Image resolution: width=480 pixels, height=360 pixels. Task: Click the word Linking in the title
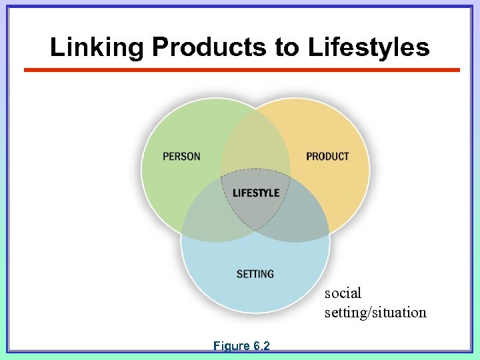pyautogui.click(x=97, y=47)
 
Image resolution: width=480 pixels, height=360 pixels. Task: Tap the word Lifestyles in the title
pyautogui.click(x=369, y=47)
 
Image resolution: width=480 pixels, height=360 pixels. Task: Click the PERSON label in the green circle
pyautogui.click(x=181, y=157)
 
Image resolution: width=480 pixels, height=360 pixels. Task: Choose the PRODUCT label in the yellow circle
pyautogui.click(x=327, y=157)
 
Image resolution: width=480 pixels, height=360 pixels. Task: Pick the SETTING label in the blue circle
pyautogui.click(x=255, y=274)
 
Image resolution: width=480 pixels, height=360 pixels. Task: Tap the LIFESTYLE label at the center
pyautogui.click(x=256, y=193)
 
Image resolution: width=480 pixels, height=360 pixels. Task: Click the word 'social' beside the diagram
pyautogui.click(x=343, y=293)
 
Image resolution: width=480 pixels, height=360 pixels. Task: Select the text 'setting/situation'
pyautogui.click(x=375, y=312)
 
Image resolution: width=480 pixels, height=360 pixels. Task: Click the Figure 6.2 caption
pyautogui.click(x=241, y=346)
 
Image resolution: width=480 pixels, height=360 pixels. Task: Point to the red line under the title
pyautogui.click(x=241, y=70)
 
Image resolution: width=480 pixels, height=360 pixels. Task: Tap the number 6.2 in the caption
pyautogui.click(x=261, y=346)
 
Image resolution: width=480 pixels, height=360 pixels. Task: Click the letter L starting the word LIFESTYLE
pyautogui.click(x=235, y=193)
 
